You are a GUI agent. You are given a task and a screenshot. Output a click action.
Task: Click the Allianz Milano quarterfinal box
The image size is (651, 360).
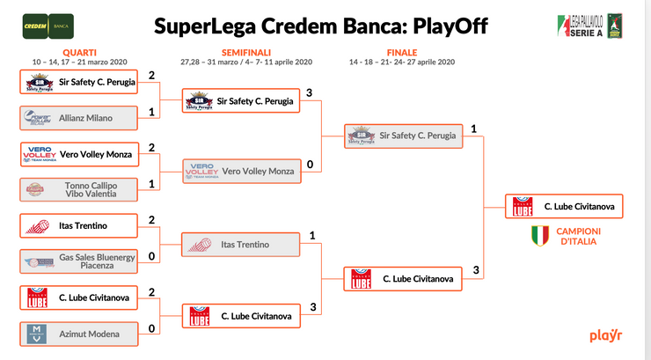point(79,117)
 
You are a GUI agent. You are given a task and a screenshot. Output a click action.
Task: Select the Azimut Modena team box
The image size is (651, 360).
point(79,334)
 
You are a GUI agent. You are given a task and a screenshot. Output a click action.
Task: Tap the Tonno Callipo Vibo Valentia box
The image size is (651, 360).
point(79,189)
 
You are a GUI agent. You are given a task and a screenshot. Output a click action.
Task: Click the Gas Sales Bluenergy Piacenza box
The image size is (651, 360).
point(79,261)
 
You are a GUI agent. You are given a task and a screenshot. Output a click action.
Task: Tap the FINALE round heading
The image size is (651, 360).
point(403,53)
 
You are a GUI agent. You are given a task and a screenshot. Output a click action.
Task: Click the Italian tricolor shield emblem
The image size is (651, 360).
point(539,235)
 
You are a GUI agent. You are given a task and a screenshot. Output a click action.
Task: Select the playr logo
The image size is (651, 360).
point(607,335)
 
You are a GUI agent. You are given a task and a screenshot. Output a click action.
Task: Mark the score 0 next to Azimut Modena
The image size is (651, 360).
point(152,329)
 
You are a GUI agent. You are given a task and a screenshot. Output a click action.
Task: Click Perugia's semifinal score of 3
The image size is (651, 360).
point(311,92)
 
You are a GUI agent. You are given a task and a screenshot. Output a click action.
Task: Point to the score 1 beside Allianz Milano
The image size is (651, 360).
point(152,112)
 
